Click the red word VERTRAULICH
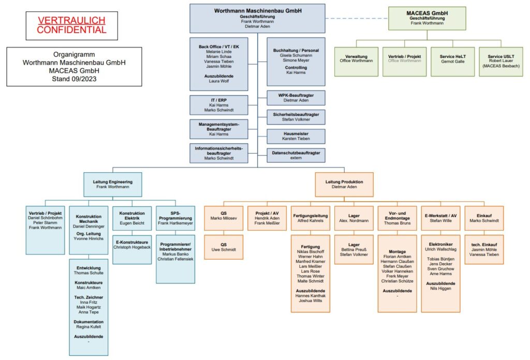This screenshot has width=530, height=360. [71, 20]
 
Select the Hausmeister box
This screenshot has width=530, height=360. [296, 136]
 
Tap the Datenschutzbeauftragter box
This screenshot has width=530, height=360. [296, 155]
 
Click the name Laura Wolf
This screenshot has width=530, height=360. [218, 81]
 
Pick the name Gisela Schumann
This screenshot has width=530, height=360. [296, 55]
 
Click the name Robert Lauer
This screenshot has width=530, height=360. [501, 61]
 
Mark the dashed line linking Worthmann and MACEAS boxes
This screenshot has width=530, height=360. [357, 18]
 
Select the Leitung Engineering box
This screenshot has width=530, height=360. [113, 184]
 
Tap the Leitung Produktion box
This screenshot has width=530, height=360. [344, 184]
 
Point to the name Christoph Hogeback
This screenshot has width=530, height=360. [132, 247]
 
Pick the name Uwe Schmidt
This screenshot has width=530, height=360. [224, 249]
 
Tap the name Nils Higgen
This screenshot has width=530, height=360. [440, 288]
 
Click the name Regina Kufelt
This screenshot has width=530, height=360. [89, 326]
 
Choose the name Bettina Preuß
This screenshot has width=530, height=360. [354, 249]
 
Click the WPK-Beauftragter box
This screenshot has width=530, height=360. [296, 97]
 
